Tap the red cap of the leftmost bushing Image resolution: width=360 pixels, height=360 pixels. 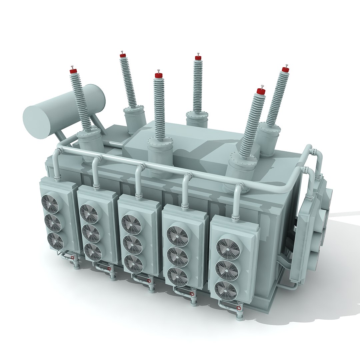coord(73,71)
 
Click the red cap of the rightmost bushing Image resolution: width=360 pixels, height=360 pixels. coord(285,69)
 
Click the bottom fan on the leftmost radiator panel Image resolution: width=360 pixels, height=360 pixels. coord(55,241)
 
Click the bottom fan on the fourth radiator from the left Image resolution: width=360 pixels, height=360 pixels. coord(177,277)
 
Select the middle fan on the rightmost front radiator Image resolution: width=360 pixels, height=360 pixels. coord(227,270)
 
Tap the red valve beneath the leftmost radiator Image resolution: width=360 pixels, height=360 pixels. coord(72,257)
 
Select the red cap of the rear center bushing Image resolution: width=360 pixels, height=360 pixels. coord(198,58)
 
